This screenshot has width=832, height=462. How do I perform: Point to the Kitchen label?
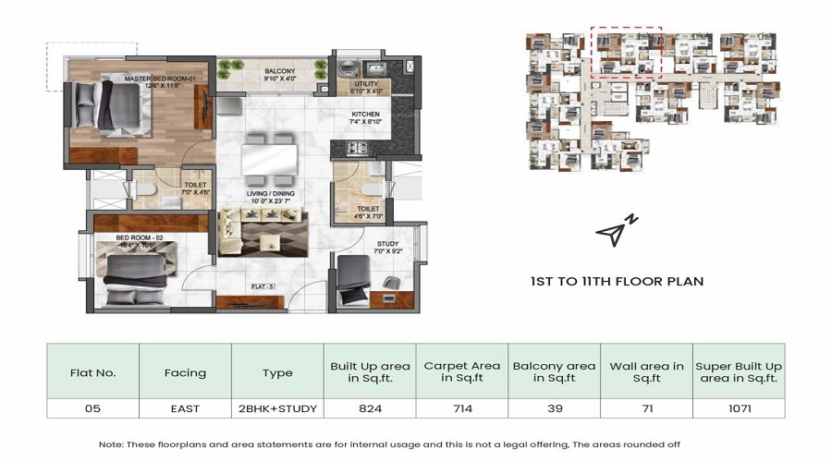point(364,117)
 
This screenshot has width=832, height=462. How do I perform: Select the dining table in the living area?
point(268,157)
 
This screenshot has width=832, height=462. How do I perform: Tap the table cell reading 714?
point(459,407)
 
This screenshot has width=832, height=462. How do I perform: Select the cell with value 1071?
point(738,407)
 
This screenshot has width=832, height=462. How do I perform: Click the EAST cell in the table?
point(184,407)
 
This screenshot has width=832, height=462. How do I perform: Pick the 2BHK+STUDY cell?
point(276,407)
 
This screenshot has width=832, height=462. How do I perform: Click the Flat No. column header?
point(92,373)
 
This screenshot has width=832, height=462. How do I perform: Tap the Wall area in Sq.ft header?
point(645,373)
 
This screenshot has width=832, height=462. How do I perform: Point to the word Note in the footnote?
point(111,444)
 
